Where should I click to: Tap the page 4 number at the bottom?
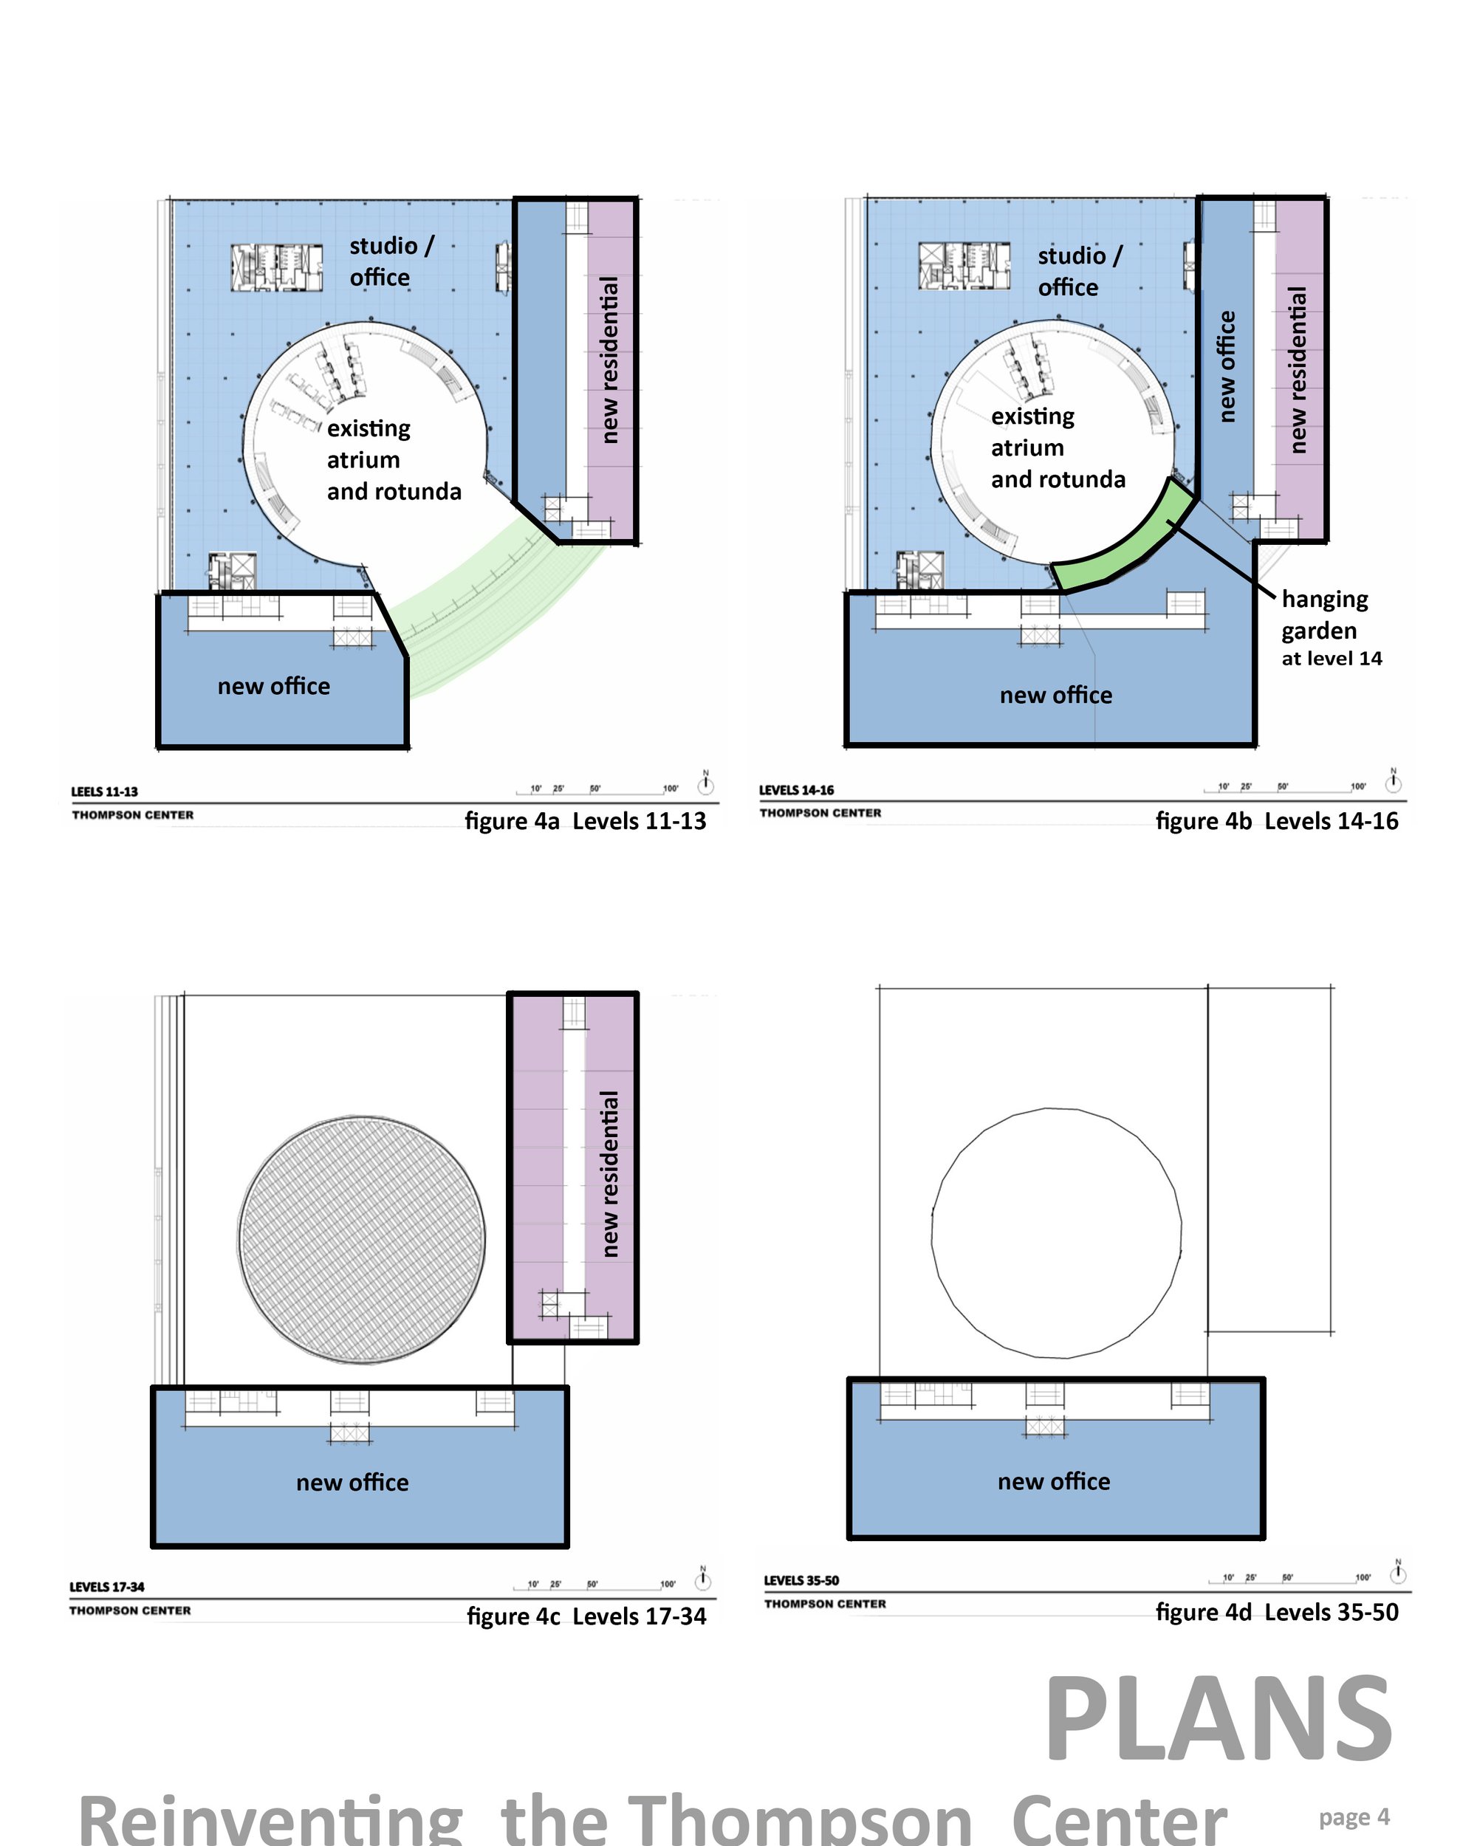1354,1816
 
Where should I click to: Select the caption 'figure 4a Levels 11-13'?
586,821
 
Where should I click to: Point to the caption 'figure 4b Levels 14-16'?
1277,821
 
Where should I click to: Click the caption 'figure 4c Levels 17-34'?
586,1616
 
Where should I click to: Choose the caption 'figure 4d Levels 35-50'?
1277,1612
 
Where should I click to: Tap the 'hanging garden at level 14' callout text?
1332,628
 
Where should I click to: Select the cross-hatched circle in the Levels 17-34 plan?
361,1239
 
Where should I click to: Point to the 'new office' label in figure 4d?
1053,1481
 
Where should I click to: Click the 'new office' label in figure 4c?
352,1482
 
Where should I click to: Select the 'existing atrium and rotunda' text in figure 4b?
1058,447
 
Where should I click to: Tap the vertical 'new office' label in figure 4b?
1226,366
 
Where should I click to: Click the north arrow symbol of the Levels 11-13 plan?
705,783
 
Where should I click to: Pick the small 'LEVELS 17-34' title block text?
107,1587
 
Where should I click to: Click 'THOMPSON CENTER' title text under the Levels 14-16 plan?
820,812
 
